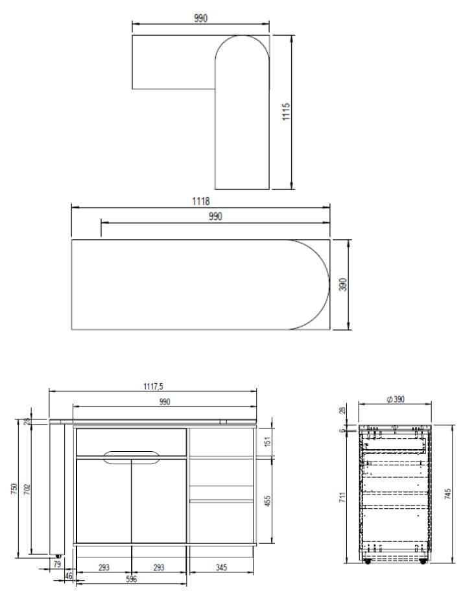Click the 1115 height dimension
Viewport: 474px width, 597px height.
[x=287, y=111]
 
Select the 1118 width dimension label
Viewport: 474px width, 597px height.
[x=200, y=201]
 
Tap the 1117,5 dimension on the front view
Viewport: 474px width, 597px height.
[x=153, y=386]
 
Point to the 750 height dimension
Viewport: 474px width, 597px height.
[x=14, y=489]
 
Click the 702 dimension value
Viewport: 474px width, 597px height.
[x=27, y=489]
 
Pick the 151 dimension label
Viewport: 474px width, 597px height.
[x=267, y=441]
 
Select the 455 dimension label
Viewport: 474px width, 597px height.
[x=267, y=500]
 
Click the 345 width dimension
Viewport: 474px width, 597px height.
[x=221, y=567]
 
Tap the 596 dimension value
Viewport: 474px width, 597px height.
[x=132, y=579]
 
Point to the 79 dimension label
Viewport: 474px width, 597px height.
[x=57, y=564]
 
